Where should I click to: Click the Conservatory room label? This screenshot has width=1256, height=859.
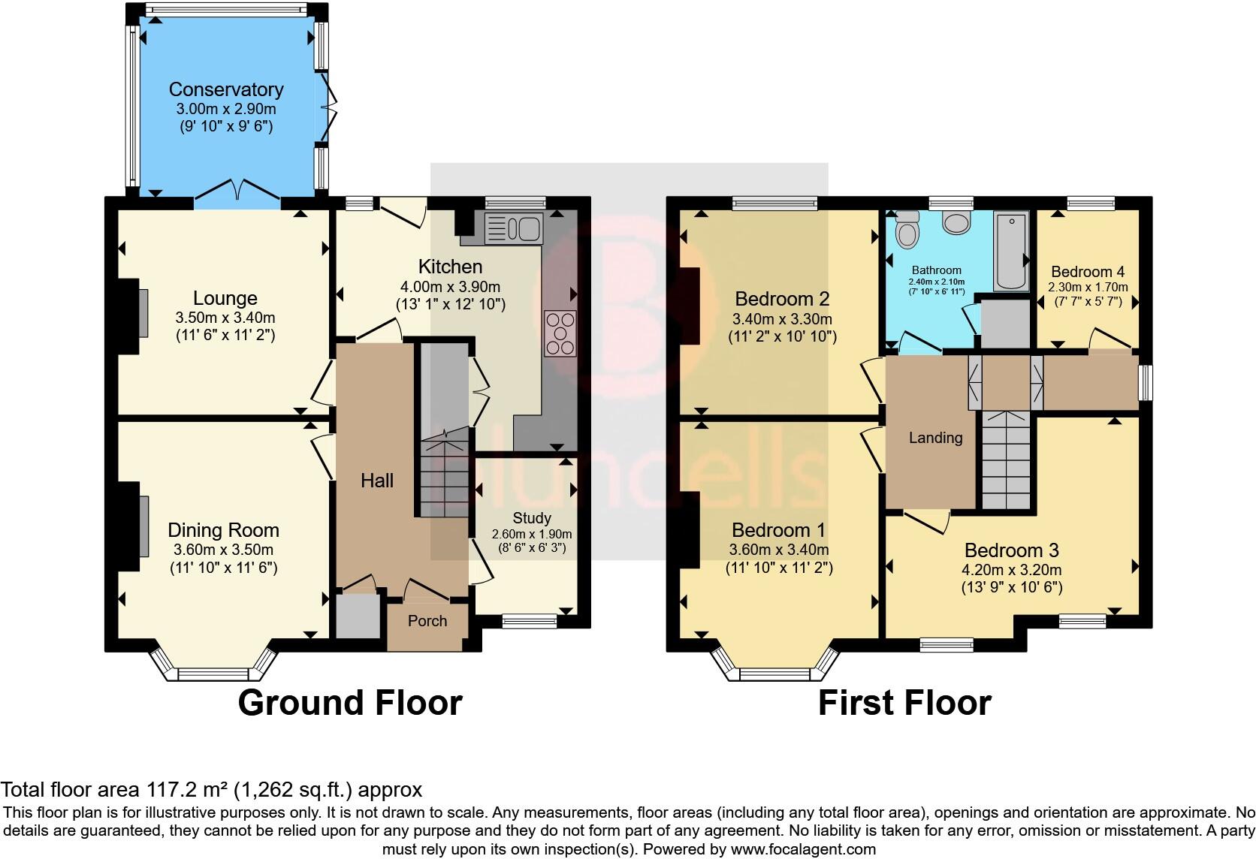coord(226,89)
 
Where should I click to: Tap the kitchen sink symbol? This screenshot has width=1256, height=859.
coord(514,228)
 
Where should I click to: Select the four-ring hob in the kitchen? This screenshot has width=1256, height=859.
coord(560,333)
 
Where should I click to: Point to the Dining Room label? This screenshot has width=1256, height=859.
coord(224,530)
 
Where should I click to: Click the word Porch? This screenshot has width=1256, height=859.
coord(427,621)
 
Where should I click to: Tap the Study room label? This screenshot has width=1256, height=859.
coord(532,518)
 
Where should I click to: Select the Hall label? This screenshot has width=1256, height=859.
coord(377,481)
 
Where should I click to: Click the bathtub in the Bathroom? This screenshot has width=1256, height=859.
coord(1011,251)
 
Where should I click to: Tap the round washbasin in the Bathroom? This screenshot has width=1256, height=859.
coord(956,224)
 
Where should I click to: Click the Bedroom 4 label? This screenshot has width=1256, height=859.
coord(1088,272)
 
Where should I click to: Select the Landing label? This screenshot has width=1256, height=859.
coord(935,438)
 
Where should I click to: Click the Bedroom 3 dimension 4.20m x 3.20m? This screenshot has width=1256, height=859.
coord(1012,570)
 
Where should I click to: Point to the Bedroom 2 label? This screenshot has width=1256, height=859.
coord(782,299)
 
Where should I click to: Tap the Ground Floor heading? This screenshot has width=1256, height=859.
coord(350,703)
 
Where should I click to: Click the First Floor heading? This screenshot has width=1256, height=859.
coord(904,703)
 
